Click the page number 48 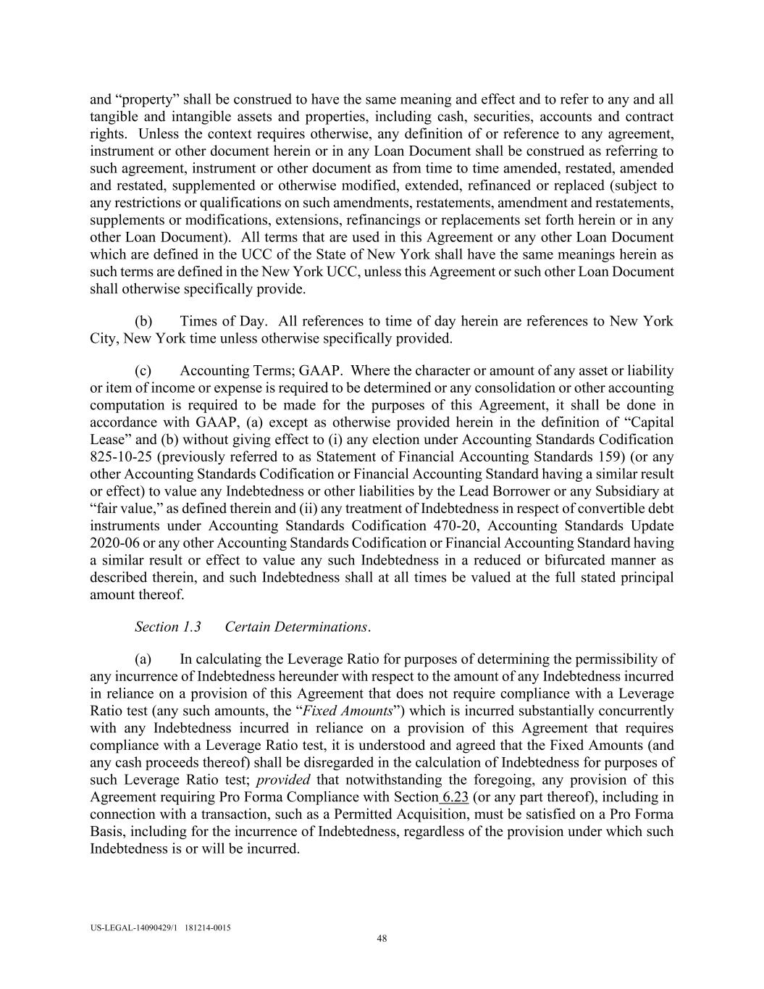point(382,939)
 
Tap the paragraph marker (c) point(143,370)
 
